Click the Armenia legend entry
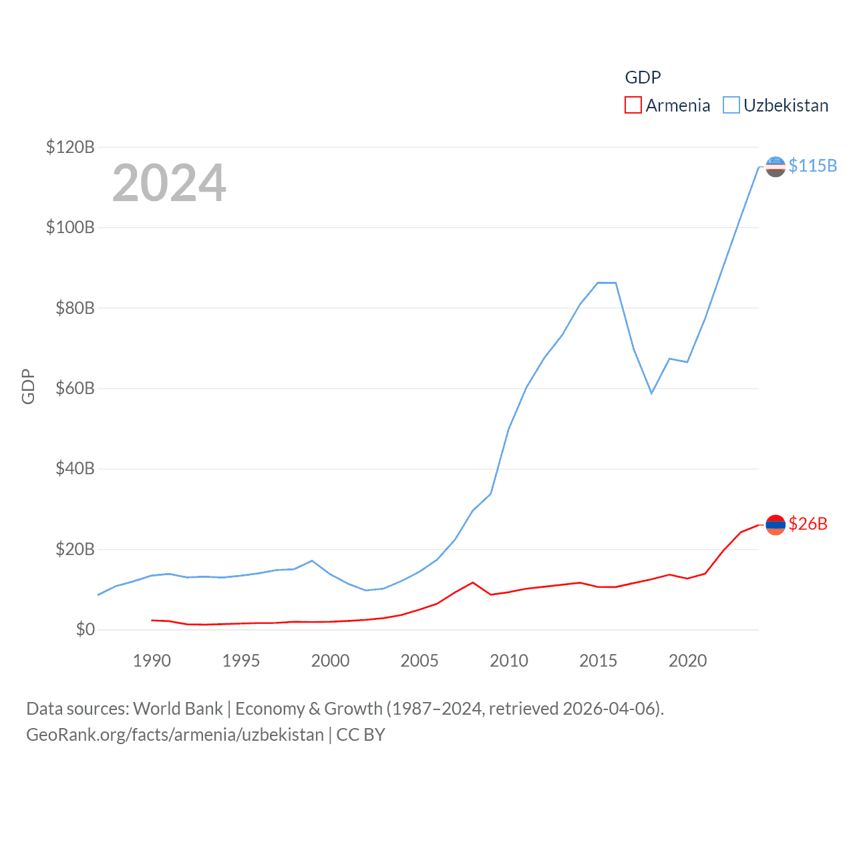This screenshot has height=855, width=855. [x=668, y=106]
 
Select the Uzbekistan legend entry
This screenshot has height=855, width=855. [x=776, y=106]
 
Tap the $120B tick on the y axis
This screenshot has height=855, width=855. [x=70, y=147]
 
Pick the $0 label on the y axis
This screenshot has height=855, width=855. [x=85, y=630]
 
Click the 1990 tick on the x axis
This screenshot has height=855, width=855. [x=152, y=661]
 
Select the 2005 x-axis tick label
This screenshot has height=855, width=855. [x=419, y=661]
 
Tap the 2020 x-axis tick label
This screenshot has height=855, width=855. [x=687, y=661]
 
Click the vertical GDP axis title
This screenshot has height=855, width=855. [x=28, y=386]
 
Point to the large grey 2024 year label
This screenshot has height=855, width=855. [x=169, y=183]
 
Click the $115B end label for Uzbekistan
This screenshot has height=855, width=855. [x=812, y=166]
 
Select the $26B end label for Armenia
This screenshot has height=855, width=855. [x=808, y=524]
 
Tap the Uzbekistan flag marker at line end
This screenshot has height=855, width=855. [x=775, y=166]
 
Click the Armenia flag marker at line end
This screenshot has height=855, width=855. [x=775, y=525]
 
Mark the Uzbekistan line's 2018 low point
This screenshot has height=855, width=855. [x=651, y=393]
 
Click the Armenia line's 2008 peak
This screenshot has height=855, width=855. [x=473, y=582]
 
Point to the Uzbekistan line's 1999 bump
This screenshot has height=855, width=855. [x=312, y=560]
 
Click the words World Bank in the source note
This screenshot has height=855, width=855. [x=178, y=708]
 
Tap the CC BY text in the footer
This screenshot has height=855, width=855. [x=361, y=735]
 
